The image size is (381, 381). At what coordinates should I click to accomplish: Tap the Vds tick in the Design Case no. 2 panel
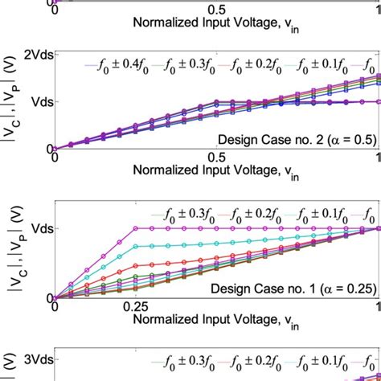click(39, 102)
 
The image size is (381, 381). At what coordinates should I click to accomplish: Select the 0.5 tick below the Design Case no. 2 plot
click(216, 158)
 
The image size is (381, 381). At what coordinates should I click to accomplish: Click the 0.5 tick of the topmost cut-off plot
click(216, 8)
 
